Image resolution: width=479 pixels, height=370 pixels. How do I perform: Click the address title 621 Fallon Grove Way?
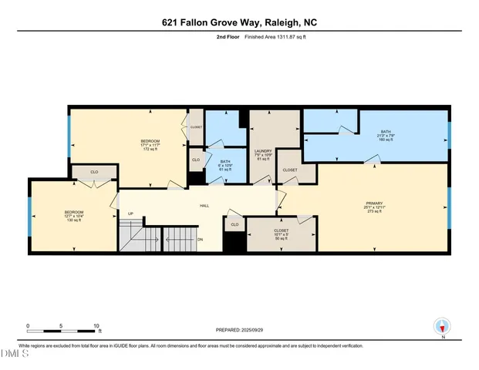point(239,22)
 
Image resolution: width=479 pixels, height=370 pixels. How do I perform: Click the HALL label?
point(205,206)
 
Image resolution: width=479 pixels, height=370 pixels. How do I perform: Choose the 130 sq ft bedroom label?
point(74,217)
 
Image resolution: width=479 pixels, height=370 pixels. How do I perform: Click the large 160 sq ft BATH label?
point(386,136)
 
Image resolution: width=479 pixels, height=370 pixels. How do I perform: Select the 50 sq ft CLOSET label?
point(282,234)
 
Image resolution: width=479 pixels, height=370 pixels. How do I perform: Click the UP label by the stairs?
point(131,214)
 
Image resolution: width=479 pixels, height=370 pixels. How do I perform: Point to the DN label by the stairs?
point(200,239)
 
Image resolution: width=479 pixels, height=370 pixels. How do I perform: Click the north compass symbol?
point(442,328)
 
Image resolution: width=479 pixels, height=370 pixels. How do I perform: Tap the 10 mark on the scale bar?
point(97,326)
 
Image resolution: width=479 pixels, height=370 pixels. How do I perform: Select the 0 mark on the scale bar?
point(28,326)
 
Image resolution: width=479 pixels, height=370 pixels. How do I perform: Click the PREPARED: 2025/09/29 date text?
point(239,330)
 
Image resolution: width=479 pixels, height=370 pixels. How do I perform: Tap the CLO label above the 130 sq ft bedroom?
point(94,172)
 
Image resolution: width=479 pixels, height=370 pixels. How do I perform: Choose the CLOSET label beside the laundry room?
point(290,170)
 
